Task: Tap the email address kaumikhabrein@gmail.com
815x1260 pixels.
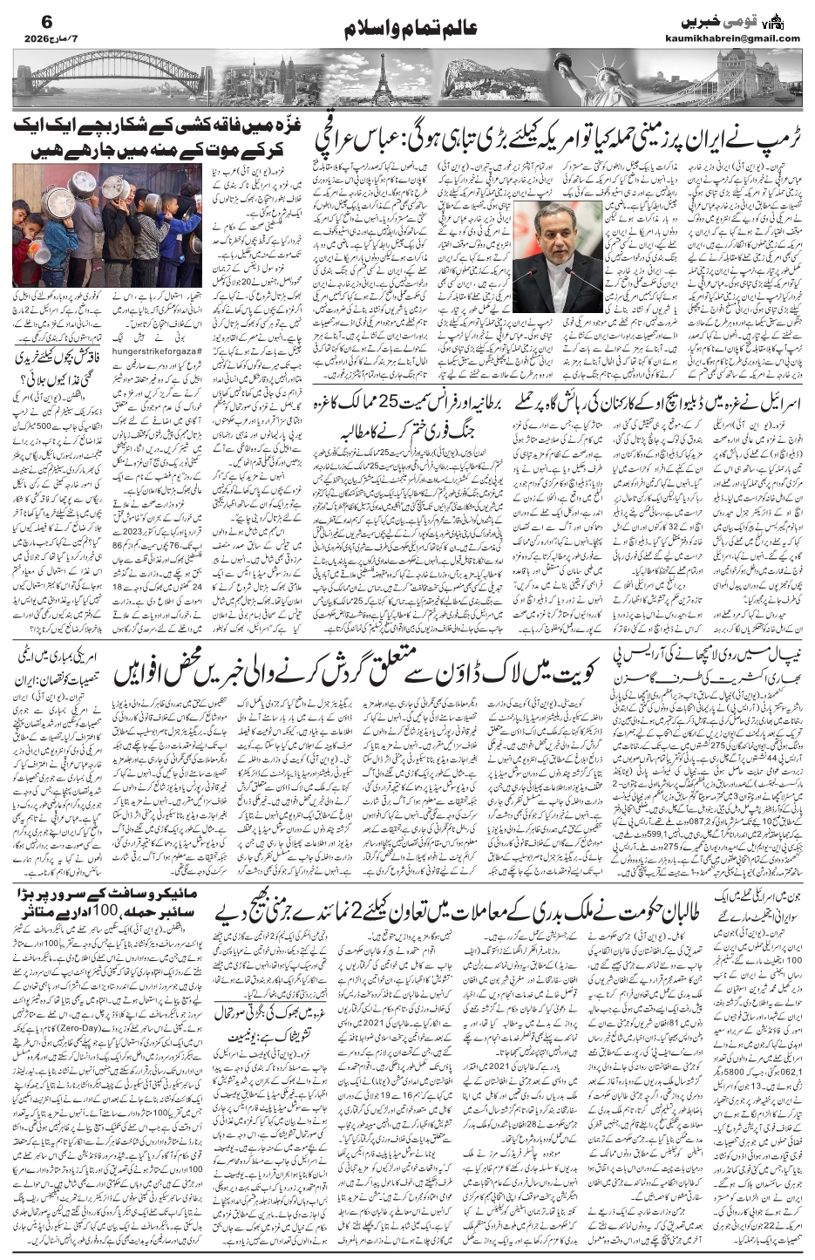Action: coord(742,37)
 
